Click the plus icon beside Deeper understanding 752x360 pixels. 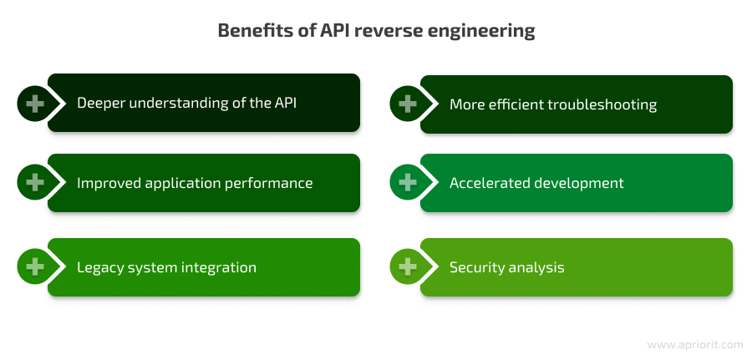[x=34, y=104]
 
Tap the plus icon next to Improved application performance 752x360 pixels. [x=34, y=183]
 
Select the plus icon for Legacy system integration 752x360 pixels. [x=34, y=267]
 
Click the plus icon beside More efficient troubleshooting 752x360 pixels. [x=407, y=104]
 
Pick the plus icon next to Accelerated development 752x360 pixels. [x=407, y=183]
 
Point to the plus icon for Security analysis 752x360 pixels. [x=407, y=267]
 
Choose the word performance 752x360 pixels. [x=268, y=184]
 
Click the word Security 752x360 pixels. [x=477, y=268]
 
